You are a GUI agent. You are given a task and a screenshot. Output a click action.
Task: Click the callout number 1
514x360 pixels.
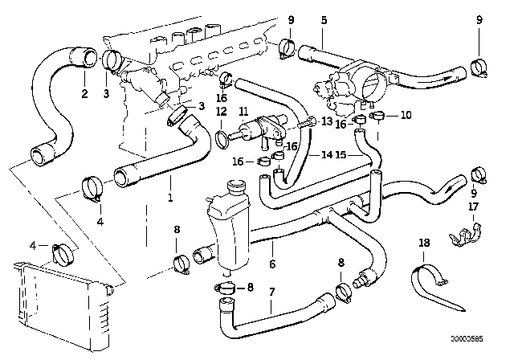(169, 196)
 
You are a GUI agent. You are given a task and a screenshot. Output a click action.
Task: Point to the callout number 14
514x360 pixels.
(329, 155)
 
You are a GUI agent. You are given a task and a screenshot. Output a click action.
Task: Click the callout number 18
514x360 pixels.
(423, 240)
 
